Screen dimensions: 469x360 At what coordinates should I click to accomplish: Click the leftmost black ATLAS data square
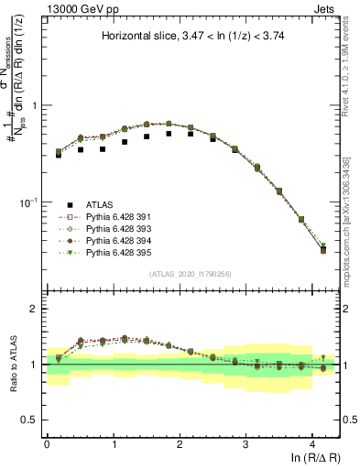59,155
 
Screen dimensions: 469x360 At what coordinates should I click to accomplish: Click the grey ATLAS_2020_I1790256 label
191,274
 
